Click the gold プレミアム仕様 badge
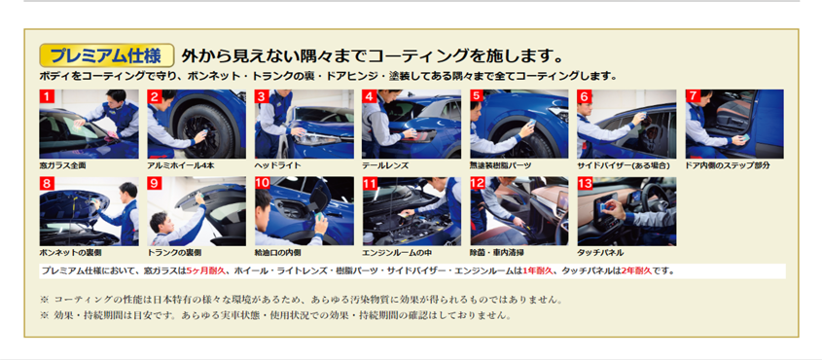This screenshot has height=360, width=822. (x=107, y=55)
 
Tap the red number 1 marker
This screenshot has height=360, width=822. (x=47, y=96)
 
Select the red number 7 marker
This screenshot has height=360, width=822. (x=693, y=96)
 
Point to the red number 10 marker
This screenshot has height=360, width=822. (x=262, y=184)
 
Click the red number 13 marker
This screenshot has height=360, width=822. (x=585, y=184)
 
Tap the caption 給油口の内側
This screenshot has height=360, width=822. (x=278, y=253)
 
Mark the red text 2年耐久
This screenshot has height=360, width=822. (x=636, y=271)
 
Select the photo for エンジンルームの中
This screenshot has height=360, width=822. (x=411, y=212)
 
